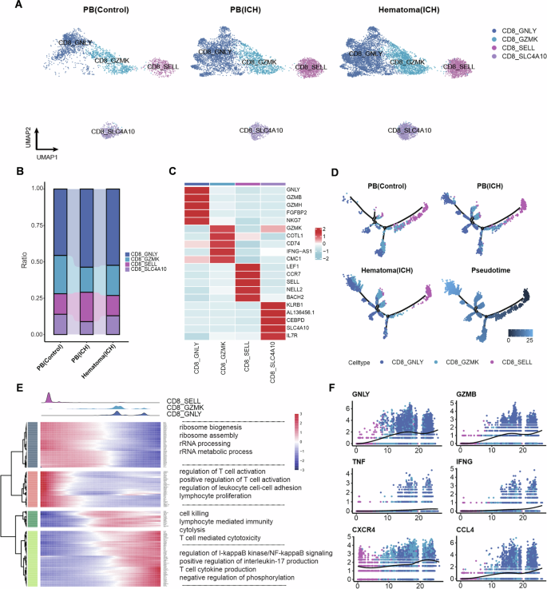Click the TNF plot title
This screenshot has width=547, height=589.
click(357, 460)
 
